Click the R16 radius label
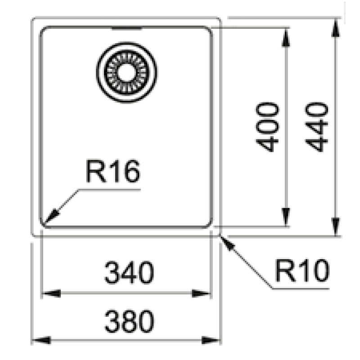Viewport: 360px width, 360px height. [x=112, y=171]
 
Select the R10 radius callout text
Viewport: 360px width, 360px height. [x=302, y=270]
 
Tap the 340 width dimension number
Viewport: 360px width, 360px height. [x=129, y=273]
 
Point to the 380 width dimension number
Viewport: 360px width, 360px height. [x=129, y=321]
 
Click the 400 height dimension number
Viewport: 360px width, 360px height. [x=267, y=127]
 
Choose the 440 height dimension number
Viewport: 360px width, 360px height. [x=316, y=127]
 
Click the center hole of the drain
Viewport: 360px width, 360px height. [x=126, y=72]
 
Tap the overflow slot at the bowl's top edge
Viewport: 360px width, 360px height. [x=127, y=28]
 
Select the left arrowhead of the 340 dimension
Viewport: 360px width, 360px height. [x=51, y=293]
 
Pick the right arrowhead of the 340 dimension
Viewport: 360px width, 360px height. [x=201, y=293]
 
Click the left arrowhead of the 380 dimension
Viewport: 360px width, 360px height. [x=41, y=340]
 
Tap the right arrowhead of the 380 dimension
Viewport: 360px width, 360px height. [x=211, y=340]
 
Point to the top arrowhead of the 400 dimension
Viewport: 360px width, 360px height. [x=286, y=37]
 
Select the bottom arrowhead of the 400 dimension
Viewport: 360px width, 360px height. [x=286, y=217]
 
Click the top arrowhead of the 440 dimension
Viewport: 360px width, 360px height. [x=336, y=27]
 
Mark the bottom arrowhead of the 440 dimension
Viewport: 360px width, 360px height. [x=336, y=227]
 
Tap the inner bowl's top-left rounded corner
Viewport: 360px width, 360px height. [x=43, y=29]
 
